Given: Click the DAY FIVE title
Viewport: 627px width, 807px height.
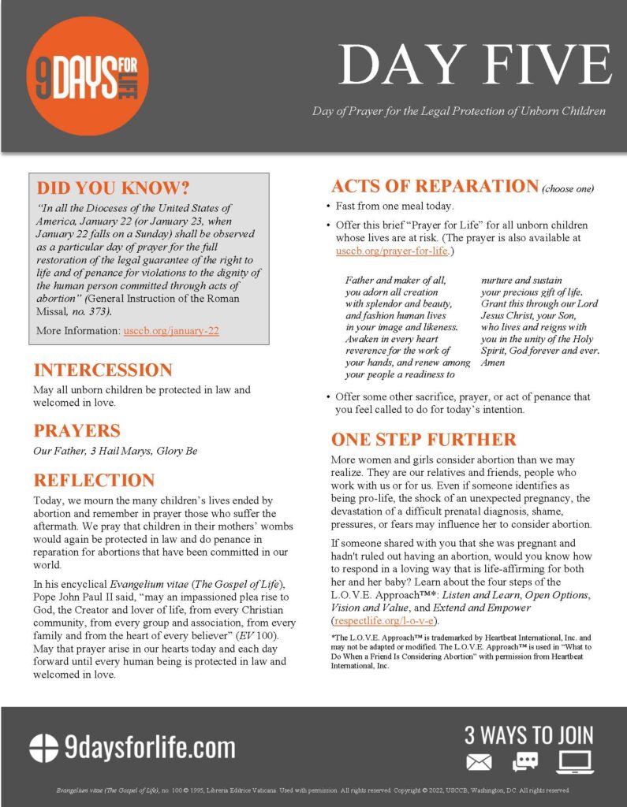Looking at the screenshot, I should [476, 65].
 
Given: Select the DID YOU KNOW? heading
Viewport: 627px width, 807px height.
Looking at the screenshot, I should [114, 188].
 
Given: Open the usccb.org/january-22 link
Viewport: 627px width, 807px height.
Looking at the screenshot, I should [171, 331].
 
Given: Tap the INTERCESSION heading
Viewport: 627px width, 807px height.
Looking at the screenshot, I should [103, 370].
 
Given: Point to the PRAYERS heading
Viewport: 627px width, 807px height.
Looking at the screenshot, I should [77, 430].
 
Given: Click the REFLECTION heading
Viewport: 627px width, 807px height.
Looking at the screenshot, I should [94, 480].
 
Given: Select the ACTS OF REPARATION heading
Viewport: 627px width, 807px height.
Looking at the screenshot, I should [435, 186].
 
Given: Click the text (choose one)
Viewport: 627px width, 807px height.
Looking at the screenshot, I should [568, 189].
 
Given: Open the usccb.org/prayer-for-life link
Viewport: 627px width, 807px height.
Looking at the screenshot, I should [392, 251].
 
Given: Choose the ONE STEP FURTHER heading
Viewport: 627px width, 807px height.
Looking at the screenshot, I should [424, 439].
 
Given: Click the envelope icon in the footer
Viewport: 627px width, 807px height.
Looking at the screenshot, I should [479, 762].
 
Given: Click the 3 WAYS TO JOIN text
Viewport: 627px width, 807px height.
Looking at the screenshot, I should [528, 736].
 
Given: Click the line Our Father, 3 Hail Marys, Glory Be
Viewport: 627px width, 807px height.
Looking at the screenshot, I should [115, 451].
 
